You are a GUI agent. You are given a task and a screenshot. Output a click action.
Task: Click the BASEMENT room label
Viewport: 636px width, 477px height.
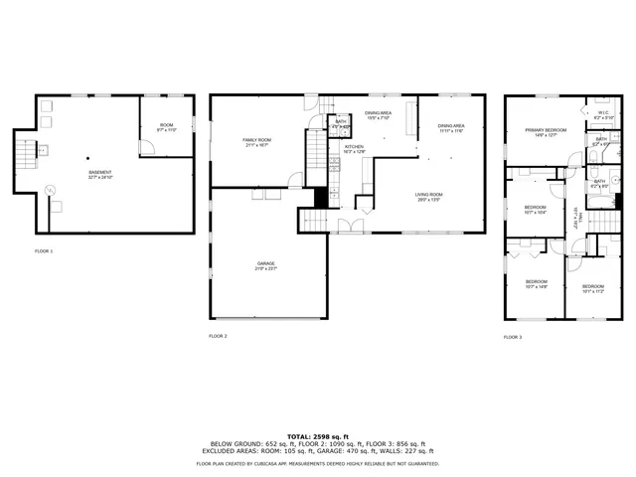(x=100, y=174)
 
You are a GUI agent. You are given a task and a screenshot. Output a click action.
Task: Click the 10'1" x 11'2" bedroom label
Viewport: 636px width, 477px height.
(x=593, y=289)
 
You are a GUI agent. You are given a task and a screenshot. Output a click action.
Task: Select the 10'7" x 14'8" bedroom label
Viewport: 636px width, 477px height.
(x=536, y=284)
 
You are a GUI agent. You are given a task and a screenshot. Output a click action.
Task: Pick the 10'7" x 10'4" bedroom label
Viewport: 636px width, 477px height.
(x=536, y=210)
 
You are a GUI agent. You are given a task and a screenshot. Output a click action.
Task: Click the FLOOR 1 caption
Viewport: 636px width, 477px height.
(x=44, y=251)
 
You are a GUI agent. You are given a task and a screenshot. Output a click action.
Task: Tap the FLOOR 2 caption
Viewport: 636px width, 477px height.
(x=218, y=337)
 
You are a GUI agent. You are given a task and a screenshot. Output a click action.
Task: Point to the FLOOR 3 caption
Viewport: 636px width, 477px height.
(x=513, y=337)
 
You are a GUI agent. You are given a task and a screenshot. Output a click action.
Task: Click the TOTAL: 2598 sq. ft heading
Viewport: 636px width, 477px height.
(x=317, y=435)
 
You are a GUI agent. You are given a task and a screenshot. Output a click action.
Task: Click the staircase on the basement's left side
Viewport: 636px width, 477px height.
(x=24, y=154)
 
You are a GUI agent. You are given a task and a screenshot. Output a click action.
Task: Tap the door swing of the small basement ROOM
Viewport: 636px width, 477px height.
(x=147, y=146)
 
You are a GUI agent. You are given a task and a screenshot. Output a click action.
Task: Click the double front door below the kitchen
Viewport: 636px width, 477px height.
(x=348, y=225)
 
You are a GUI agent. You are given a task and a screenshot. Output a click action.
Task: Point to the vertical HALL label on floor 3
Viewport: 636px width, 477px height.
(x=575, y=217)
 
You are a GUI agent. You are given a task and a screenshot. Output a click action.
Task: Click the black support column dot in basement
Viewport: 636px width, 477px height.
(x=87, y=158)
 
